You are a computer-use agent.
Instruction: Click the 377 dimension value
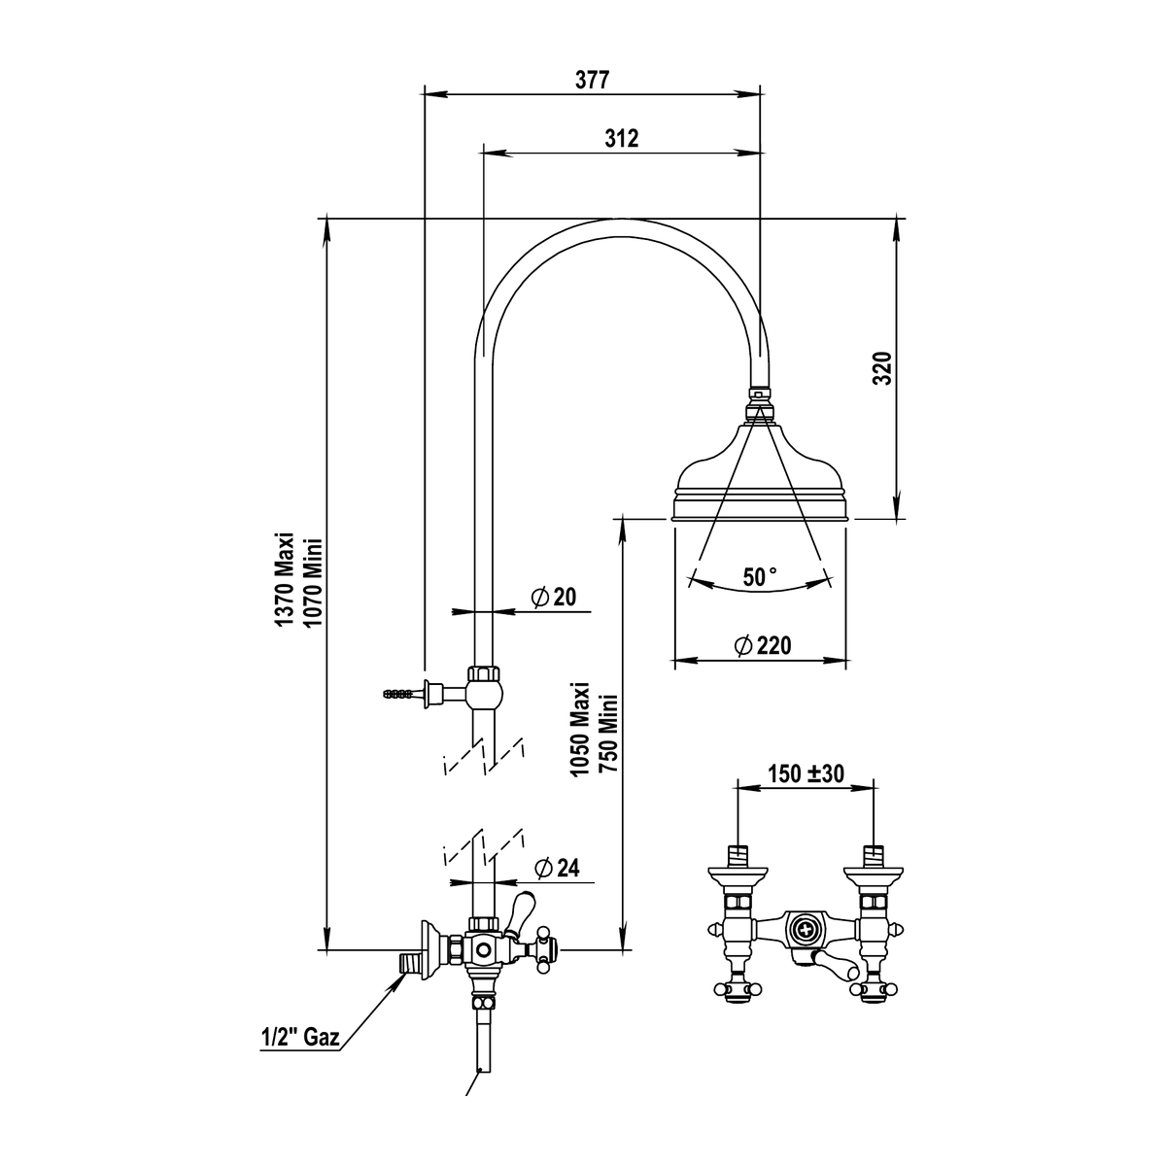point(591,80)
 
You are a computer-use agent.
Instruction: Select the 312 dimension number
point(622,139)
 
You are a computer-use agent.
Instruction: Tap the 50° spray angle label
point(760,576)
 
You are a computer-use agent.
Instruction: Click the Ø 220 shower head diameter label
point(763,645)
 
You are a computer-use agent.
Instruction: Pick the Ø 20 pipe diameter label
point(554,598)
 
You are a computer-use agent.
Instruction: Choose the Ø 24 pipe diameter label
point(558,869)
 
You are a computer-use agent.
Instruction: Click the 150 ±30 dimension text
point(806,772)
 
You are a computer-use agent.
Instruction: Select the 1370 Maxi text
point(284,579)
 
